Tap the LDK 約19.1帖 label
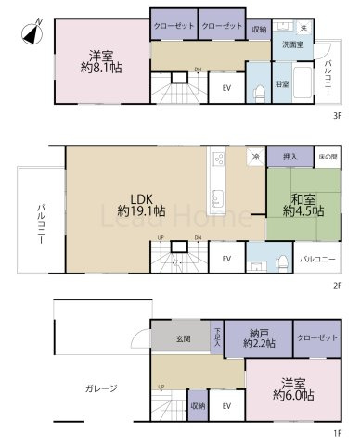(140, 204)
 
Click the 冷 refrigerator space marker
(254, 158)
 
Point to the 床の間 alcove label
(326, 157)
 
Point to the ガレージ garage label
(99, 388)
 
